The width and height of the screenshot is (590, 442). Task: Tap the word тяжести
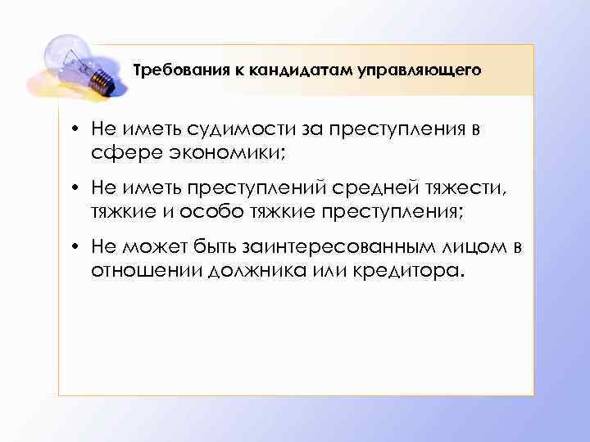[467, 189]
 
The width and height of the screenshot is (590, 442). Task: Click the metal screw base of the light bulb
[101, 79]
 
